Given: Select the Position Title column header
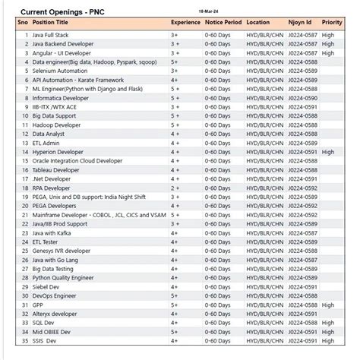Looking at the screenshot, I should [x=54, y=24].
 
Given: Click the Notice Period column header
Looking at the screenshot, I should [x=224, y=24].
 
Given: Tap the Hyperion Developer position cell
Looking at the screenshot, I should [x=62, y=152].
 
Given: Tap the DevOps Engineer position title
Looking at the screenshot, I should [x=55, y=295].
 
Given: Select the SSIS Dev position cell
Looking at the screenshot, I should [x=45, y=340].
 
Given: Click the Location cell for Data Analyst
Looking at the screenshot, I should [x=263, y=134].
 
